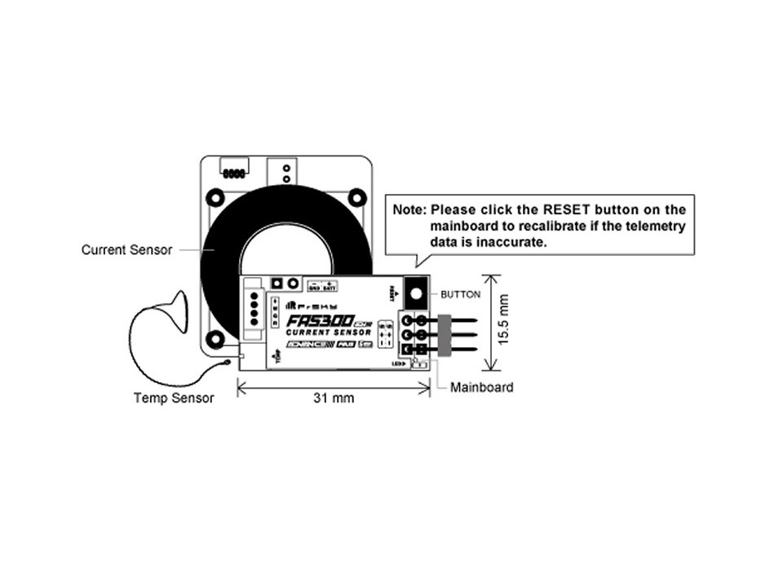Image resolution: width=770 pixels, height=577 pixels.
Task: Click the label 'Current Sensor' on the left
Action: [x=126, y=250]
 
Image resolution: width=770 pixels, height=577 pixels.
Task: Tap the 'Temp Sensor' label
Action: [x=174, y=398]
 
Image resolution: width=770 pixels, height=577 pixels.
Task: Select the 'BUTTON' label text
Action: [x=460, y=294]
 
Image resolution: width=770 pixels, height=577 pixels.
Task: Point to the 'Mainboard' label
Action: [x=482, y=387]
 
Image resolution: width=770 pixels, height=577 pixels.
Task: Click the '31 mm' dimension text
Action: [x=334, y=399]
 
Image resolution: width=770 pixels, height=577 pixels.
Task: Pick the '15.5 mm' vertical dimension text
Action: [x=504, y=319]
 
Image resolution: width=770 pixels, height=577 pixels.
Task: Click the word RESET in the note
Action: [x=558, y=209]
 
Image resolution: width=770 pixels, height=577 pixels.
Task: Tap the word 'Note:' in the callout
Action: [x=410, y=209]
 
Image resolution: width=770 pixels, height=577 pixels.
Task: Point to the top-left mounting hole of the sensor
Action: [x=215, y=197]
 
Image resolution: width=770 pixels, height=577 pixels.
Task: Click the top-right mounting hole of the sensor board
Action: [x=356, y=197]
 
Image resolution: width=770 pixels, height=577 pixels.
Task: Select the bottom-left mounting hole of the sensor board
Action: [x=215, y=338]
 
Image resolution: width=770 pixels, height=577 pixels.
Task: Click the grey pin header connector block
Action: [x=445, y=334]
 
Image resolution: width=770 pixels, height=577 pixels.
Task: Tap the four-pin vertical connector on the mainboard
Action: [x=253, y=311]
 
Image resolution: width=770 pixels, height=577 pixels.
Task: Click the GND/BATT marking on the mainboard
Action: [x=322, y=285]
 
